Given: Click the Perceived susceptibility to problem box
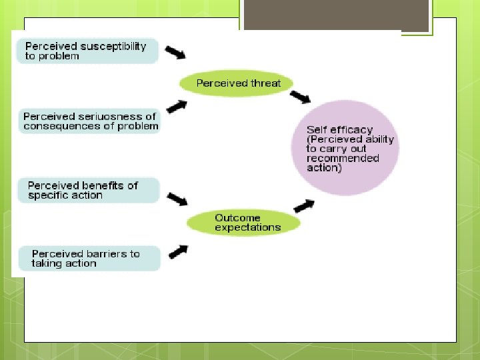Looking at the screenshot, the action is [x=88, y=51].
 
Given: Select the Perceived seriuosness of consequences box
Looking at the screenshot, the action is [x=90, y=121].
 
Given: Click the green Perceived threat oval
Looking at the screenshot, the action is [x=239, y=83].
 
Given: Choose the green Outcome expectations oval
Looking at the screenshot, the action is [x=244, y=223].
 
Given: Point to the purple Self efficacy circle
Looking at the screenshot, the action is [x=345, y=148].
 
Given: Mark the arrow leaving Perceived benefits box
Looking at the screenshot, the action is [x=177, y=199].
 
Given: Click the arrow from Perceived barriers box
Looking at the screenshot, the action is [x=177, y=251].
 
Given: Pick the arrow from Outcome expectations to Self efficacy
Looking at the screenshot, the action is [x=303, y=206].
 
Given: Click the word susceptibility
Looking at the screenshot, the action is [x=113, y=47].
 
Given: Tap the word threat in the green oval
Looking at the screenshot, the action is [x=266, y=83].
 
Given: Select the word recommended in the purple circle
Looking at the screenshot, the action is [x=343, y=159].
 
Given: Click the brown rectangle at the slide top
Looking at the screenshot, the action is [x=335, y=15].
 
